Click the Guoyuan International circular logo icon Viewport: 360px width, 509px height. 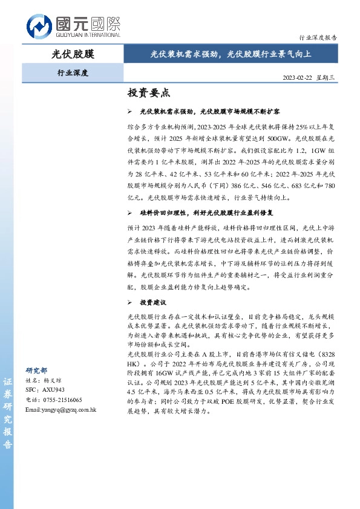[x=39, y=26]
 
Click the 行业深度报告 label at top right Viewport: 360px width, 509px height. [x=318, y=37]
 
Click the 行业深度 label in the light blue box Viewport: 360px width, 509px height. [x=72, y=73]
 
